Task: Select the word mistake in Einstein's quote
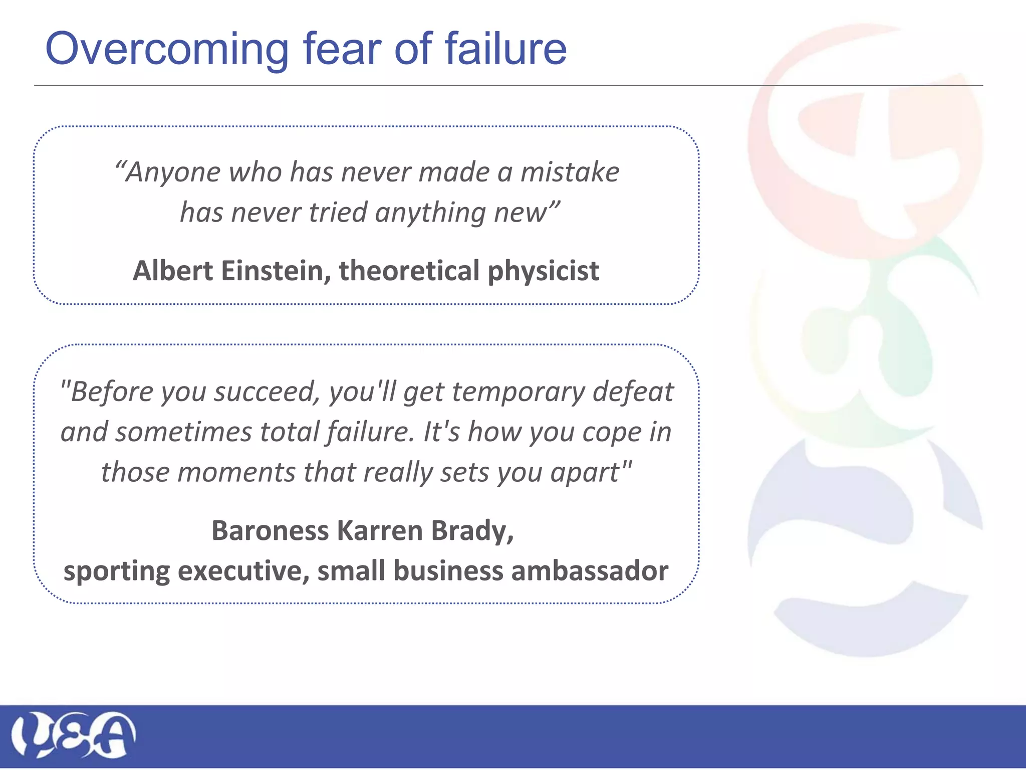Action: (570, 172)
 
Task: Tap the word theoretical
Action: (409, 271)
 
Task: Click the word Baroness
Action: (270, 530)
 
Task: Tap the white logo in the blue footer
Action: (73, 735)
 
